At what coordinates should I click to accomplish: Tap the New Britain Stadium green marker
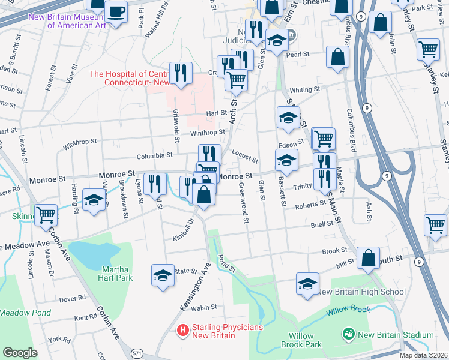[347, 334]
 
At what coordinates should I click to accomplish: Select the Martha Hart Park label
[116, 274]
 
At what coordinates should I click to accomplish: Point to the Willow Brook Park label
[306, 340]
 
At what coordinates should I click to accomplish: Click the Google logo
[20, 353]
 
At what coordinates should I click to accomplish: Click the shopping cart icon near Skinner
[46, 214]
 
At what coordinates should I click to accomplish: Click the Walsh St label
[204, 307]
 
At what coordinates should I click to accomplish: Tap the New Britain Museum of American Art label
[67, 21]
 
